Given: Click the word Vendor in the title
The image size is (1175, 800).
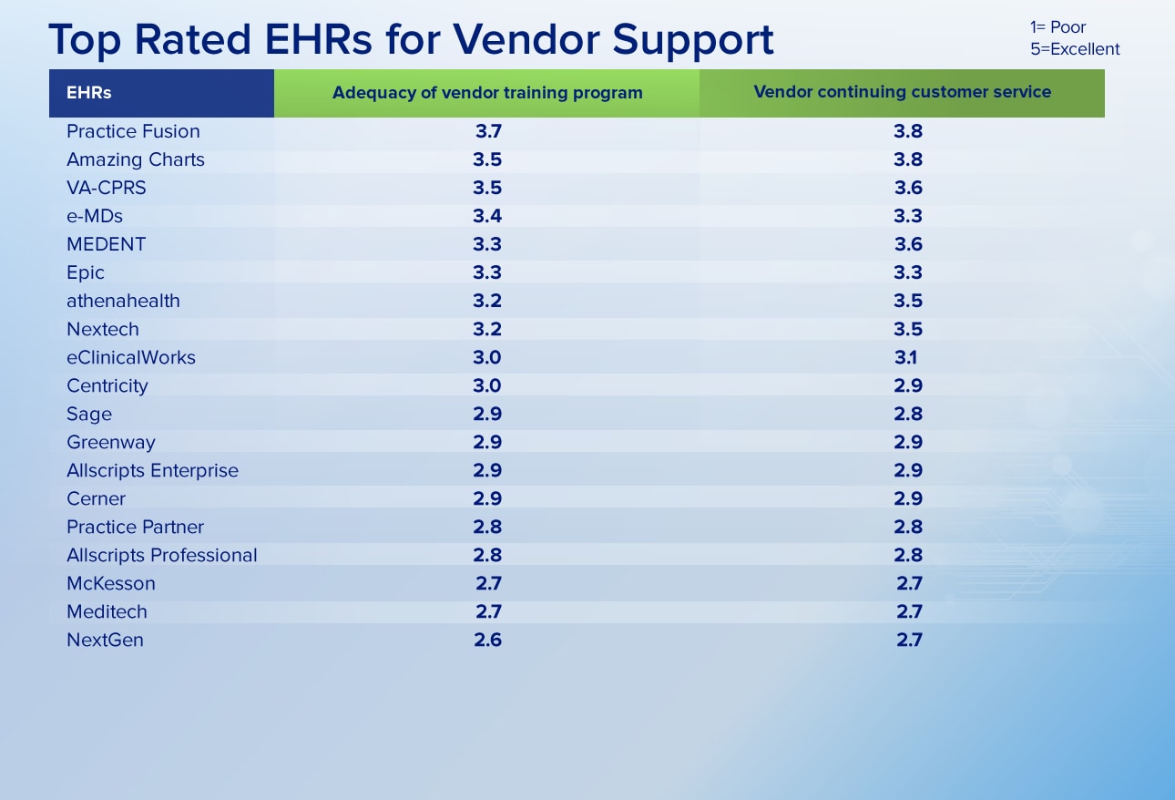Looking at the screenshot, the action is pyautogui.click(x=526, y=39).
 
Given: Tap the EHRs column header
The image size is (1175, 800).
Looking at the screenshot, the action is pyautogui.click(x=88, y=93).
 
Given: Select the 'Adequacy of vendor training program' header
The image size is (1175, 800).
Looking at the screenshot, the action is pyautogui.click(x=487, y=93).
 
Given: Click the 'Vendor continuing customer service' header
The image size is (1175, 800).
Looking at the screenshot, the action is pyautogui.click(x=903, y=92).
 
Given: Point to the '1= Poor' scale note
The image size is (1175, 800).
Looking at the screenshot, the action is pyautogui.click(x=1057, y=27).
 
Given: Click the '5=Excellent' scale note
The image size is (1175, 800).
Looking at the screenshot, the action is pyautogui.click(x=1075, y=49).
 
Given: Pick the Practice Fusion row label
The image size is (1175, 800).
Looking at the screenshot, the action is pyautogui.click(x=133, y=131).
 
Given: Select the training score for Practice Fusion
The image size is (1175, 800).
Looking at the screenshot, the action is pyautogui.click(x=488, y=131).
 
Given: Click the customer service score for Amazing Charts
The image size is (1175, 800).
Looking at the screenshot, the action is pyautogui.click(x=908, y=159).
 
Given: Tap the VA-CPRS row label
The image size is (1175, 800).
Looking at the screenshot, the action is pyautogui.click(x=107, y=188).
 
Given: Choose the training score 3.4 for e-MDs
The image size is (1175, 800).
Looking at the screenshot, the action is pyautogui.click(x=487, y=216).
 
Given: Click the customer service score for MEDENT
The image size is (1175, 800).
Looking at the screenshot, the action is pyautogui.click(x=908, y=244).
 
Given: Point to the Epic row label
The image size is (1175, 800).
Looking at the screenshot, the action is pyautogui.click(x=86, y=272).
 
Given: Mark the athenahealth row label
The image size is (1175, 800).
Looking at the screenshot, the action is pyautogui.click(x=123, y=301).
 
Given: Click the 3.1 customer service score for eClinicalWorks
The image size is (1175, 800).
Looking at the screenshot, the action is pyautogui.click(x=906, y=358).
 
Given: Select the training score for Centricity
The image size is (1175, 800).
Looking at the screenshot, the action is pyautogui.click(x=487, y=386).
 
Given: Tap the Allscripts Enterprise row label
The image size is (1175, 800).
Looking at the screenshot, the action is pyautogui.click(x=153, y=470).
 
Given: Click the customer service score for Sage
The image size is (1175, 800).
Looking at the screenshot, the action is pyautogui.click(x=908, y=415).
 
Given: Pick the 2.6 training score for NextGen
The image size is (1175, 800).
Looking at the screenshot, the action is pyautogui.click(x=488, y=641).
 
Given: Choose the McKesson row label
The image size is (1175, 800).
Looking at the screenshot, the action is pyautogui.click(x=111, y=584).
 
